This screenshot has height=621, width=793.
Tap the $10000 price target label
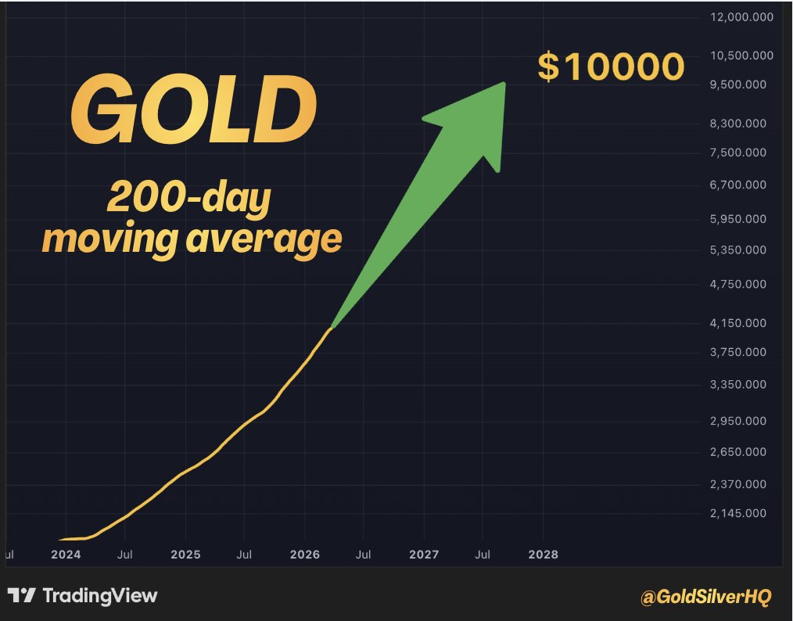[611, 67]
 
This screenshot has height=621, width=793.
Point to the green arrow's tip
[504, 84]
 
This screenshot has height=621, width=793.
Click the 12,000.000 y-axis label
[738, 17]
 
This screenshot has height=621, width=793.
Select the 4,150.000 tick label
[738, 323]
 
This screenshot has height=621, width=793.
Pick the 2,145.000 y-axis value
[738, 514]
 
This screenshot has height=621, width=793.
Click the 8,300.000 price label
[738, 124]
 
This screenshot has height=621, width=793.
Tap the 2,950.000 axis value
[738, 422]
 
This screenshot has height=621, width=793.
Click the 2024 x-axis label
[66, 555]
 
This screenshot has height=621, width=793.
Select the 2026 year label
[304, 555]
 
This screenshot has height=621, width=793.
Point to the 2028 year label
[544, 555]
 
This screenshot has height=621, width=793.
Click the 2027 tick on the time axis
[424, 555]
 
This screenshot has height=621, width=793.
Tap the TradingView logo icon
[21, 596]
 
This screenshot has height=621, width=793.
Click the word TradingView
[100, 596]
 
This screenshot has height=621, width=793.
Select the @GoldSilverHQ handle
[705, 598]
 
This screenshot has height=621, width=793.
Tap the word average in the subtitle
[264, 239]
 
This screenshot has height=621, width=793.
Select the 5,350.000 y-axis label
[738, 250]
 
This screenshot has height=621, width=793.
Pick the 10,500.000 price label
[738, 56]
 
